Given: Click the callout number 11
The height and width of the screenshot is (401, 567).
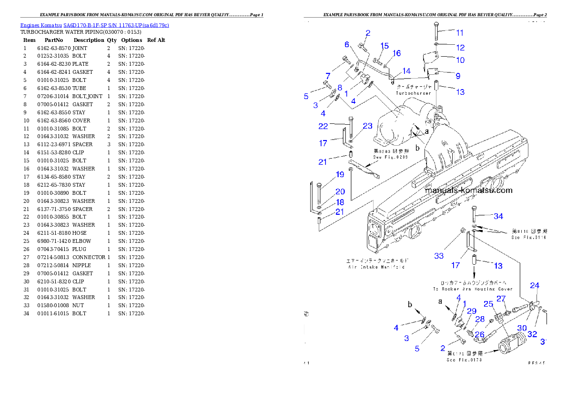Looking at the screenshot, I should (459, 33).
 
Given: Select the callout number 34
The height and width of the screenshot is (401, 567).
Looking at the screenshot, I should (498, 216).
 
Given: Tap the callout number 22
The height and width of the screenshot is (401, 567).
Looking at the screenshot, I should (324, 126).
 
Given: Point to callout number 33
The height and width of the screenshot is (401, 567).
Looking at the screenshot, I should (439, 256).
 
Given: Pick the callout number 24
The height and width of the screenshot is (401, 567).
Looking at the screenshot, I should (535, 285).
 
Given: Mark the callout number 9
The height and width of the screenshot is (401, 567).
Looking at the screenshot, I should (457, 75).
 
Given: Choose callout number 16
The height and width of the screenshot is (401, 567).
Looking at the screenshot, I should (396, 53).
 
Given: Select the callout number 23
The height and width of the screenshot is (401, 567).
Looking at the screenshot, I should (367, 126).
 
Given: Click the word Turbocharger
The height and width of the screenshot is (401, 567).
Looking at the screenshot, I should (413, 93).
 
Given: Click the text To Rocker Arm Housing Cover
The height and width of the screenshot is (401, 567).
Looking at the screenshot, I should (472, 289).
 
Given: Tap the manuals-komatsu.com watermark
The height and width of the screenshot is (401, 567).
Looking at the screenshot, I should (468, 190).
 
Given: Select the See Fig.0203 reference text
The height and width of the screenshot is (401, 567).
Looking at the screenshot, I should (387, 157).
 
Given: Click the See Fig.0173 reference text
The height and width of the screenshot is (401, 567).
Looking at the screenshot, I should (464, 360).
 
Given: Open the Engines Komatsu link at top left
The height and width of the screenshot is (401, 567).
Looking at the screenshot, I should (94, 25).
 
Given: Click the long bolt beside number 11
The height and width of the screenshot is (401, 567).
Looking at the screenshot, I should (436, 31).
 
